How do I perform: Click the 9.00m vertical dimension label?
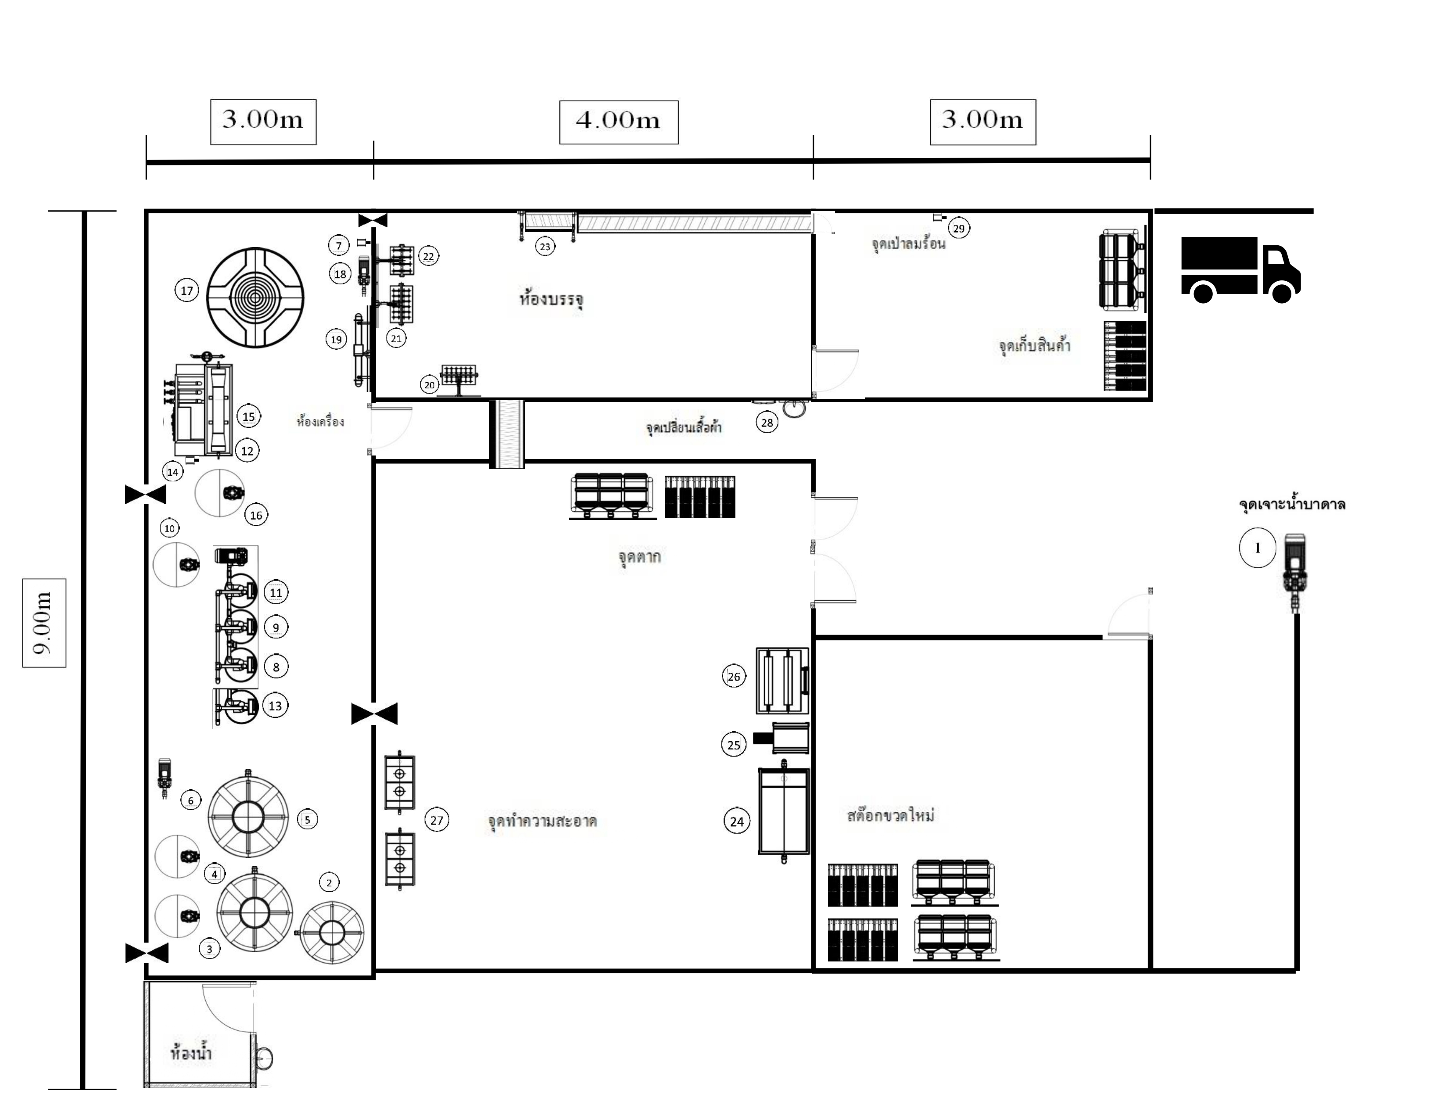coord(44,623)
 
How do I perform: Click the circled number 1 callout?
coord(1257,548)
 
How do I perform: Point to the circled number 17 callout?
coord(187,291)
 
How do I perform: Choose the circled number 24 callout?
coord(737,821)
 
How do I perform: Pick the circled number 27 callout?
coord(436,820)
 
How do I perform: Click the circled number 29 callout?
coord(959,229)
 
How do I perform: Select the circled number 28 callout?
coord(767,422)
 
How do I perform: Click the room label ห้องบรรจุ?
coord(551,299)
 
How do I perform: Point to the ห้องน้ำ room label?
coord(191,1053)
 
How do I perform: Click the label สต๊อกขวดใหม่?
coord(890,815)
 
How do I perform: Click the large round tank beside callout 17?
coord(255,298)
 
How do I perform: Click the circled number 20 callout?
coord(430,384)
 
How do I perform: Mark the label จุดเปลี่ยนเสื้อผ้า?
coord(684,427)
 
